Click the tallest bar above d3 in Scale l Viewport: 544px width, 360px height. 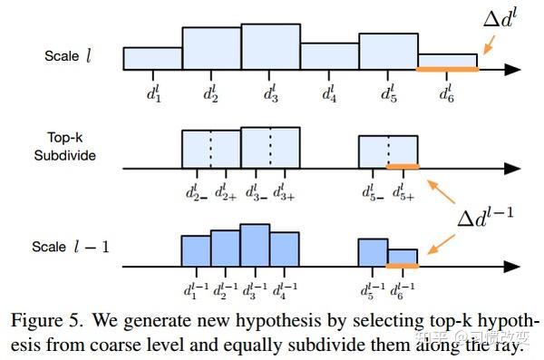coord(270,46)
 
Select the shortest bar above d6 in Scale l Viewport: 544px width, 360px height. coord(447,61)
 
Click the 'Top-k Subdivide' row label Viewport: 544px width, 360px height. coord(71,147)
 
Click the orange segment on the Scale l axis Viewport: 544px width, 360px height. coord(447,69)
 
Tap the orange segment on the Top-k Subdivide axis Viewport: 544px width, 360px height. coord(403,167)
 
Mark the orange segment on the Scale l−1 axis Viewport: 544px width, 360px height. coord(403,266)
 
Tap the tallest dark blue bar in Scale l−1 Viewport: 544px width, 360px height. coord(255,245)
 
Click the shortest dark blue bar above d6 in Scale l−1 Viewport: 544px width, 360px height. coord(403,257)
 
